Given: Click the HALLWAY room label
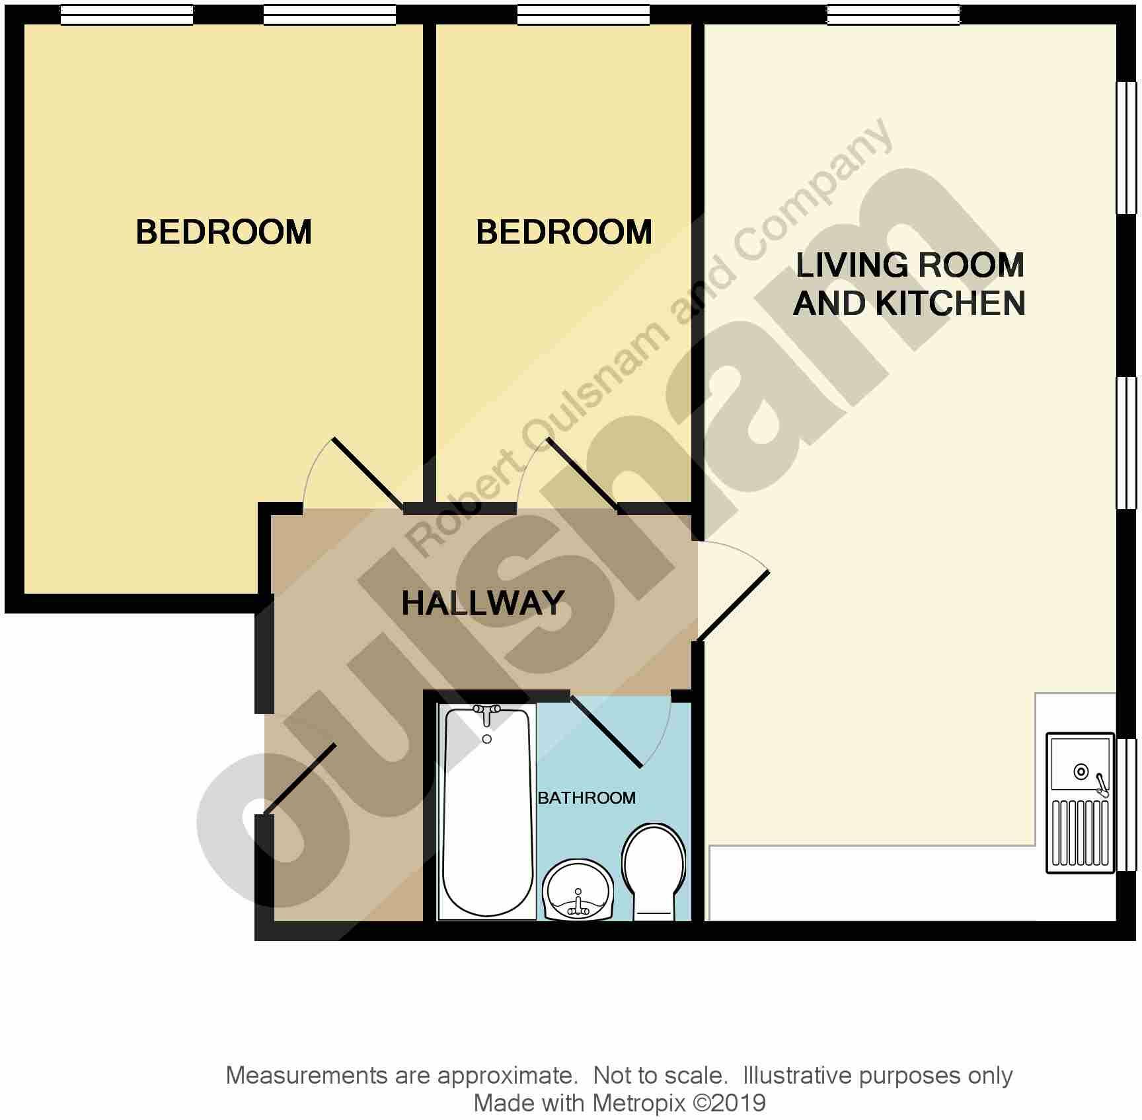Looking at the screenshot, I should tap(482, 603).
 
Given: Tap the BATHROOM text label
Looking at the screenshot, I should tap(586, 798).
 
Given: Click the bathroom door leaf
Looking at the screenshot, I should tap(605, 732).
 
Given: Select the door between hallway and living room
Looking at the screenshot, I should tap(734, 606).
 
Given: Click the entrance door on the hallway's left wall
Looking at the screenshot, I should tap(299, 779).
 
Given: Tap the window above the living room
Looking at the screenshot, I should tap(894, 14).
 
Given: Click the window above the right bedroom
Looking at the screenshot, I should tap(583, 14).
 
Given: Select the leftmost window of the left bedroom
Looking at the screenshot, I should tap(127, 14).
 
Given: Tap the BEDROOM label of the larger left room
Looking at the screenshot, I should tap(223, 232).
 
